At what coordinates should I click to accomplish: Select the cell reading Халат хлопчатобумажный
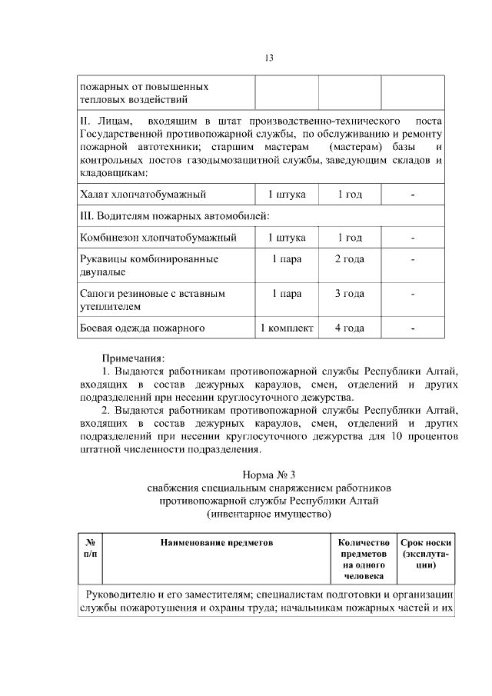143,195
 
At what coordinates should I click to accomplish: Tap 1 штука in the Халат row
286,195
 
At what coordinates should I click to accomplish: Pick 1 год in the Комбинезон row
350,238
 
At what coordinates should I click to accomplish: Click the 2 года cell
350,259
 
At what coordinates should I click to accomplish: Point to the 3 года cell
350,293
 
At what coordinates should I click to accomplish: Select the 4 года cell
350,328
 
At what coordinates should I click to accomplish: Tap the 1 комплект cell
286,328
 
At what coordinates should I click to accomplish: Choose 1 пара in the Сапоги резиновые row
286,293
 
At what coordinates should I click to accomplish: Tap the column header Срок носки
426,542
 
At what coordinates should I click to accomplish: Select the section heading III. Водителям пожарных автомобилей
175,215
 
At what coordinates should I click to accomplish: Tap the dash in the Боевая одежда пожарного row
413,328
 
